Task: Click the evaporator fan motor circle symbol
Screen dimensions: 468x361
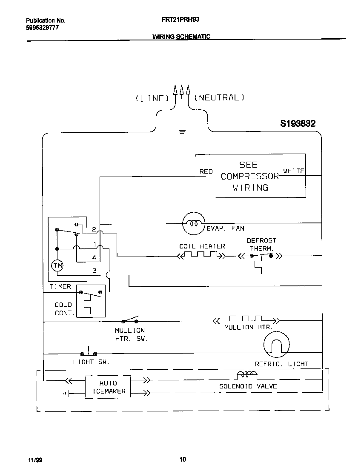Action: (x=194, y=223)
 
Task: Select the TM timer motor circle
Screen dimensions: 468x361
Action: (x=57, y=266)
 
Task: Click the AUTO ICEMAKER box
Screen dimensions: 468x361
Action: (x=108, y=387)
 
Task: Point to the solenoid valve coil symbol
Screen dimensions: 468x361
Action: (x=246, y=374)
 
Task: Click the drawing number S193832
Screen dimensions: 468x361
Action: (x=298, y=124)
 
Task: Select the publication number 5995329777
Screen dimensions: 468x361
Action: (x=42, y=27)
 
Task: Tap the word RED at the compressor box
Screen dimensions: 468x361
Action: (x=206, y=171)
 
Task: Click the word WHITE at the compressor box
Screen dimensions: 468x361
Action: (x=294, y=171)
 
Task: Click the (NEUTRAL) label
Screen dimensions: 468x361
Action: (x=219, y=98)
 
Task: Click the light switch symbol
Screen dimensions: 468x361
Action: (x=89, y=352)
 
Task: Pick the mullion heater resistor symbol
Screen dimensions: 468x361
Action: (x=246, y=319)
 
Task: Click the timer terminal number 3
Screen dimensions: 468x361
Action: (x=95, y=271)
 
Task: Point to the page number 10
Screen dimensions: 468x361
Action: (x=182, y=459)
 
